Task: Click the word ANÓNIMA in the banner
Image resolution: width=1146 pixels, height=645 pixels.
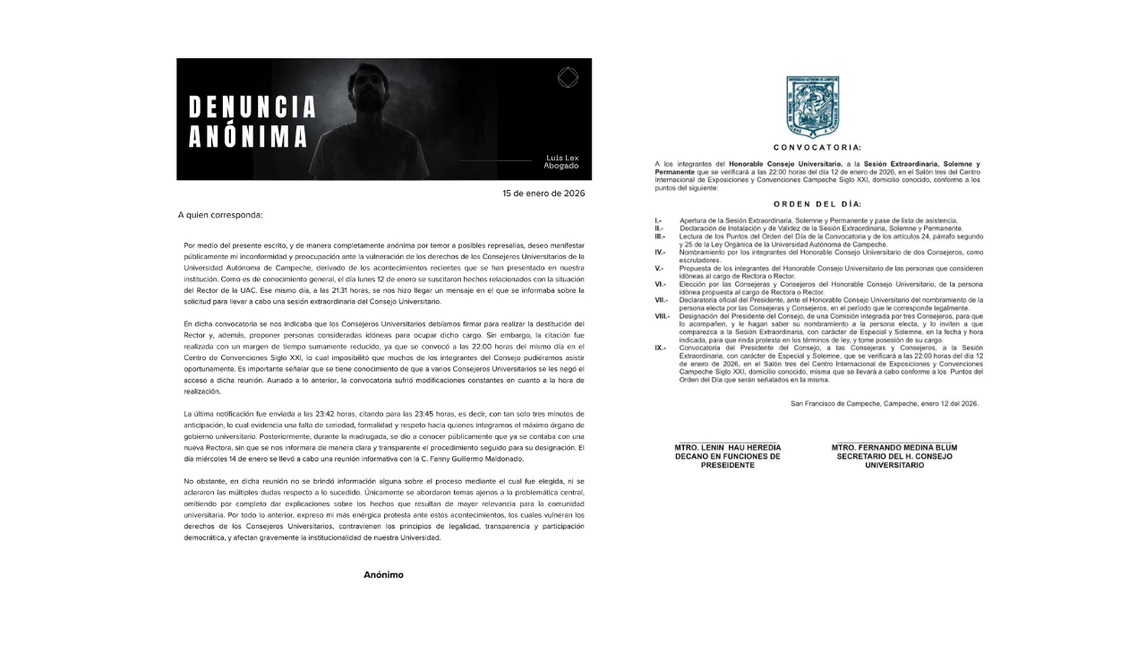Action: [248, 137]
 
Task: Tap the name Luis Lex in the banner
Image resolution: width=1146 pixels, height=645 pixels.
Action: [562, 157]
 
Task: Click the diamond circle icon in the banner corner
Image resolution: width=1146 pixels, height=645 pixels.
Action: [567, 78]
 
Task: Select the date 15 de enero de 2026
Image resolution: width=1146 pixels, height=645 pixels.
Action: [543, 193]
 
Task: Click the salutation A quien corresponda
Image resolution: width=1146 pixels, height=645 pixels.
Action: [220, 215]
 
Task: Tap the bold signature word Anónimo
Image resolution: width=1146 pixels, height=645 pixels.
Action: [383, 574]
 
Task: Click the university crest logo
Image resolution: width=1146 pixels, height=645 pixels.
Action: [812, 106]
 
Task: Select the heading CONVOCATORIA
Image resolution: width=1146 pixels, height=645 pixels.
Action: [817, 147]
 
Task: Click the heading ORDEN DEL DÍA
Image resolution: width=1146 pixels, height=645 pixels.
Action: [817, 204]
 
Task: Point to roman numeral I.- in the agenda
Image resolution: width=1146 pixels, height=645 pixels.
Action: [658, 220]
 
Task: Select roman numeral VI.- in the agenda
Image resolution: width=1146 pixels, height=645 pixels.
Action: [661, 284]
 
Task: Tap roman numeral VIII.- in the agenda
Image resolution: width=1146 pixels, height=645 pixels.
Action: [663, 316]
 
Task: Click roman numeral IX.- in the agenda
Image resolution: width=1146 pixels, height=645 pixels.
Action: [660, 348]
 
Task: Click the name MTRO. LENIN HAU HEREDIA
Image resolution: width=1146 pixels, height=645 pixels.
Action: [727, 447]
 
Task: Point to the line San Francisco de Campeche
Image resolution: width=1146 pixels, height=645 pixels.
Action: [885, 403]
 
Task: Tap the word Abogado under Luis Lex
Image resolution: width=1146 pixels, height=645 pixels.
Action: [562, 166]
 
